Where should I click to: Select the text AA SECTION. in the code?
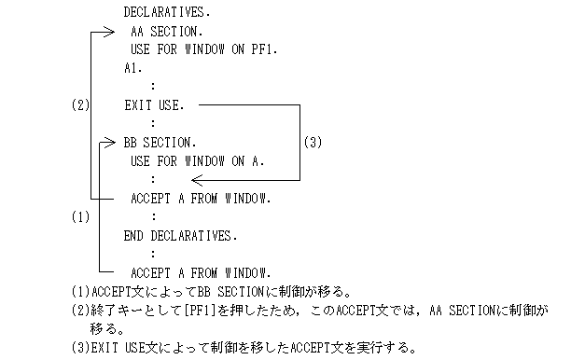[x=167, y=32]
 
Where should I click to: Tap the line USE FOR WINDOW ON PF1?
[x=204, y=49]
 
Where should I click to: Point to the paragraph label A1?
[x=133, y=68]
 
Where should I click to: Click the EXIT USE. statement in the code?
[x=154, y=105]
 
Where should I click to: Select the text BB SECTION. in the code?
[x=160, y=143]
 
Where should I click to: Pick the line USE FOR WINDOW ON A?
[x=198, y=160]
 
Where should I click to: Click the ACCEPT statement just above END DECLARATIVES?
[x=202, y=198]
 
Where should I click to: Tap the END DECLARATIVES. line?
[x=180, y=235]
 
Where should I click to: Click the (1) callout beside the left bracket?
[x=80, y=216]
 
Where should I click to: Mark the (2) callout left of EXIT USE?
[x=80, y=105]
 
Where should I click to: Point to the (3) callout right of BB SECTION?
[x=313, y=143]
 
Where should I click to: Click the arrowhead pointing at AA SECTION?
[x=106, y=32]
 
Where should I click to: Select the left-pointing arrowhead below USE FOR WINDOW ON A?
[x=201, y=179]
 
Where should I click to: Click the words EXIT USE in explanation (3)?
[x=118, y=347]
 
